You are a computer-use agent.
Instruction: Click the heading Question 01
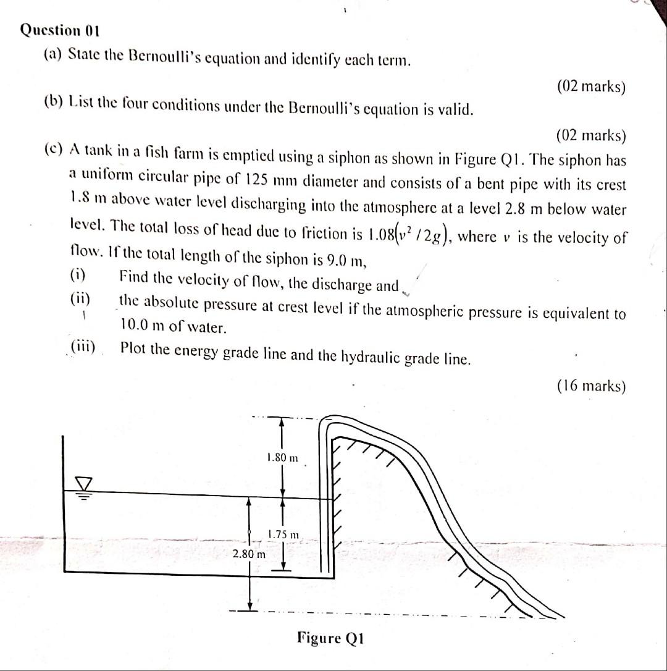point(60,30)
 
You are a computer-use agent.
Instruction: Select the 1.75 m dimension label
point(283,534)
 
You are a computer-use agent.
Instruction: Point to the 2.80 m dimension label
point(249,554)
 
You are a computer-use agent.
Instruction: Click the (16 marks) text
point(591,386)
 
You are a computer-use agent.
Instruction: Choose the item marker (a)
point(52,54)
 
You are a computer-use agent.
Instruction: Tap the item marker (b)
point(53,101)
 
